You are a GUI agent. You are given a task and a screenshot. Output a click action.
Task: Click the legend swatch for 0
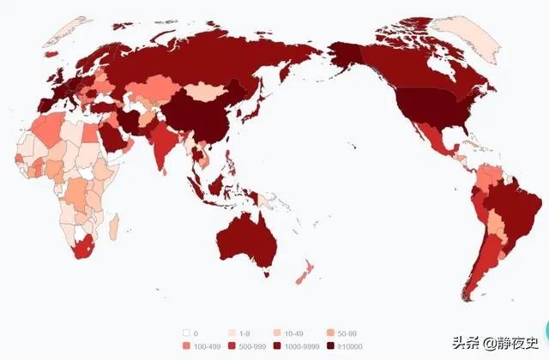185,333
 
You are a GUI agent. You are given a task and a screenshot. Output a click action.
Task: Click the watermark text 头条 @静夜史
493,343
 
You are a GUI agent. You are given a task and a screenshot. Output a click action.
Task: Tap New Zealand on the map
301,276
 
